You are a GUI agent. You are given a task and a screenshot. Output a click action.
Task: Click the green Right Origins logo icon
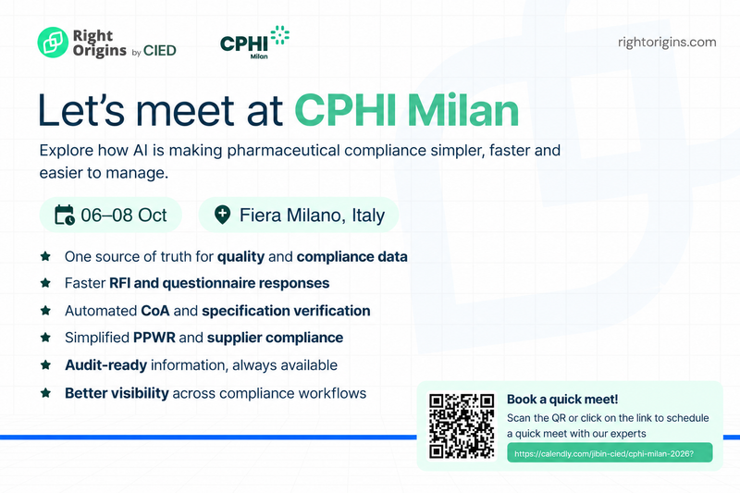tap(53, 43)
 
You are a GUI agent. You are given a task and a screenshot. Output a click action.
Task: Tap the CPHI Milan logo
tap(255, 43)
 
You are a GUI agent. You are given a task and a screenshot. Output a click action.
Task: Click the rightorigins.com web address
tap(667, 43)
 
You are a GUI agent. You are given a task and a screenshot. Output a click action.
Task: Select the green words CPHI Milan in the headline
tap(407, 111)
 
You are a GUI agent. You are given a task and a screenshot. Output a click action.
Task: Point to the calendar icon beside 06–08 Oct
tap(65, 216)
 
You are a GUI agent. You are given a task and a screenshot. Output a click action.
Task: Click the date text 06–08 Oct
tap(124, 216)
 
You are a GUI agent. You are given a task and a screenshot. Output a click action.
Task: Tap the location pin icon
tap(222, 215)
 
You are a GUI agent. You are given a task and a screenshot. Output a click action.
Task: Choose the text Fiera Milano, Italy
tap(312, 216)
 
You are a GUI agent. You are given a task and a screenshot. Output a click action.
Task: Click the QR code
tap(462, 426)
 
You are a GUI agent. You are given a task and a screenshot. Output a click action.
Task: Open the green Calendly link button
tap(610, 453)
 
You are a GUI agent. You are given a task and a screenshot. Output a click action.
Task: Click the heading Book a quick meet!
tap(562, 400)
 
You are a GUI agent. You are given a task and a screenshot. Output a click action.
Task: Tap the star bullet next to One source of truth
tap(45, 256)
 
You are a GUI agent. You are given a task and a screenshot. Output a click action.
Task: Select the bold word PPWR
tap(154, 338)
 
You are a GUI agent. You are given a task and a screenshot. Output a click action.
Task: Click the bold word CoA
tap(155, 311)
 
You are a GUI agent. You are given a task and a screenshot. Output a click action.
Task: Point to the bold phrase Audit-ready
tap(106, 365)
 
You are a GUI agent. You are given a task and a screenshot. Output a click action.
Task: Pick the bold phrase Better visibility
tap(117, 393)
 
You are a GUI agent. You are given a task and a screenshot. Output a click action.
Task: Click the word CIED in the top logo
tap(160, 51)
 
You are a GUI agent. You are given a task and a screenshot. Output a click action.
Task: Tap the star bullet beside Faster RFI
tap(45, 283)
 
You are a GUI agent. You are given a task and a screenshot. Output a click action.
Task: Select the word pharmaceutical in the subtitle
tap(284, 151)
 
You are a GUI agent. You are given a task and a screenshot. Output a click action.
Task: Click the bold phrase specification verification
tap(286, 311)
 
